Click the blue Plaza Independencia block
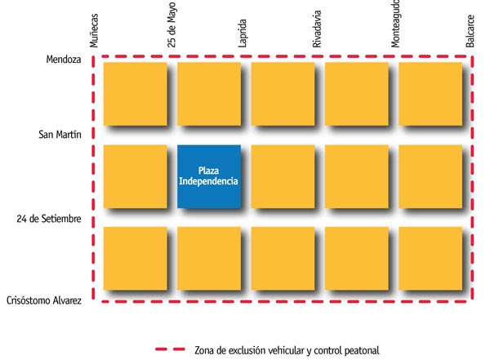209,176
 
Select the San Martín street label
60,135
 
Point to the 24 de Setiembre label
49,219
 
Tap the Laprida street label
243,31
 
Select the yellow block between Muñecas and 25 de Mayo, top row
135,94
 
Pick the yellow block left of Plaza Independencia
135,176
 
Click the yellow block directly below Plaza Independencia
209,258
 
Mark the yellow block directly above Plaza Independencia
209,94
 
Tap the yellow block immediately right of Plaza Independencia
283,176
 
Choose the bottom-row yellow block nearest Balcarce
430,258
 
